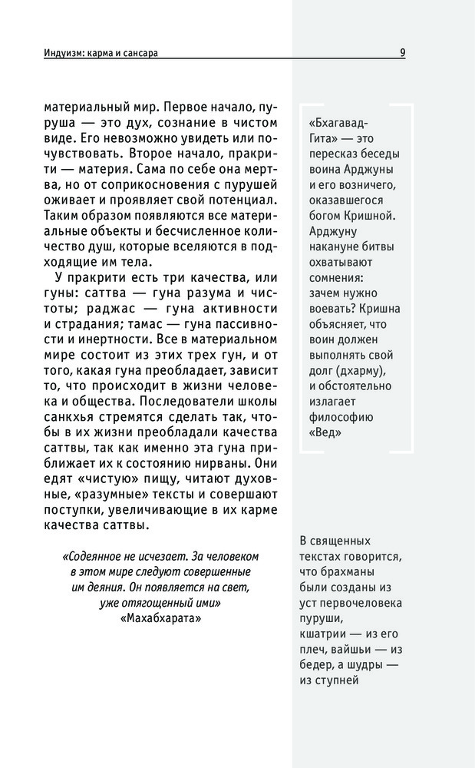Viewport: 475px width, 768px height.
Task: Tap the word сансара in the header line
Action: point(150,54)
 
